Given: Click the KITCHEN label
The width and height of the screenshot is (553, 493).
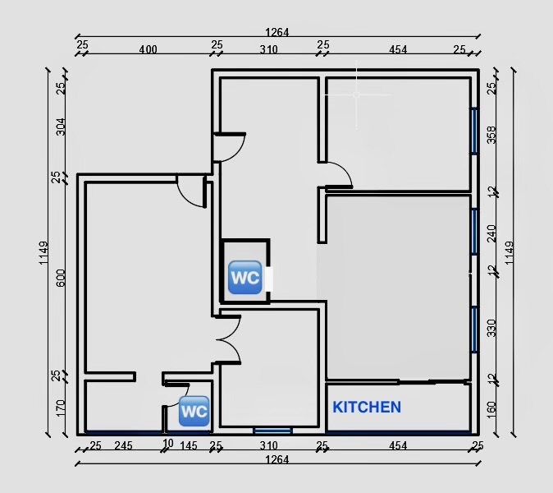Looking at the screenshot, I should pos(367,407).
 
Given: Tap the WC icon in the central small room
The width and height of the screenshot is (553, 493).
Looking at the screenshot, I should pos(244,278).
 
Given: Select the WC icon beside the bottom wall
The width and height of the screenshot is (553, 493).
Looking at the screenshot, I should pos(194,410).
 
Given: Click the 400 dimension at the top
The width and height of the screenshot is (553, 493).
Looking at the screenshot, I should pos(148,49).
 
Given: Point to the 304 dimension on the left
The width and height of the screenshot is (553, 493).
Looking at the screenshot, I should pos(61,127).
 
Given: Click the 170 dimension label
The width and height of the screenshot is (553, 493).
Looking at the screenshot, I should pos(61,408).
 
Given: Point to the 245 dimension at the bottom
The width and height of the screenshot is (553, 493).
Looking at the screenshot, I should pos(124,446).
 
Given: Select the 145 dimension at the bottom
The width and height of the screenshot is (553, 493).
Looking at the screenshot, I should pos(188,446).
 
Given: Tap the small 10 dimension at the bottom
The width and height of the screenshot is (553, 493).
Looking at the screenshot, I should pos(168,444).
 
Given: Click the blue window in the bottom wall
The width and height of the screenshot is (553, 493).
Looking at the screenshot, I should pos(272,430).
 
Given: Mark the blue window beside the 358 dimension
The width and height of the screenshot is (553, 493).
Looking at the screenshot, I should pos(474,130).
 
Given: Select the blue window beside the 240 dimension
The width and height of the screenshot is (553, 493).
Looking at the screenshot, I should pos(474,231).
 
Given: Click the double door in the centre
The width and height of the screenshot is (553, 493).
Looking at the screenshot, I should pos(226,340).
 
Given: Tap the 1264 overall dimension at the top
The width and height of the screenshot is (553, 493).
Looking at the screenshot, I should pos(276,33).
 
